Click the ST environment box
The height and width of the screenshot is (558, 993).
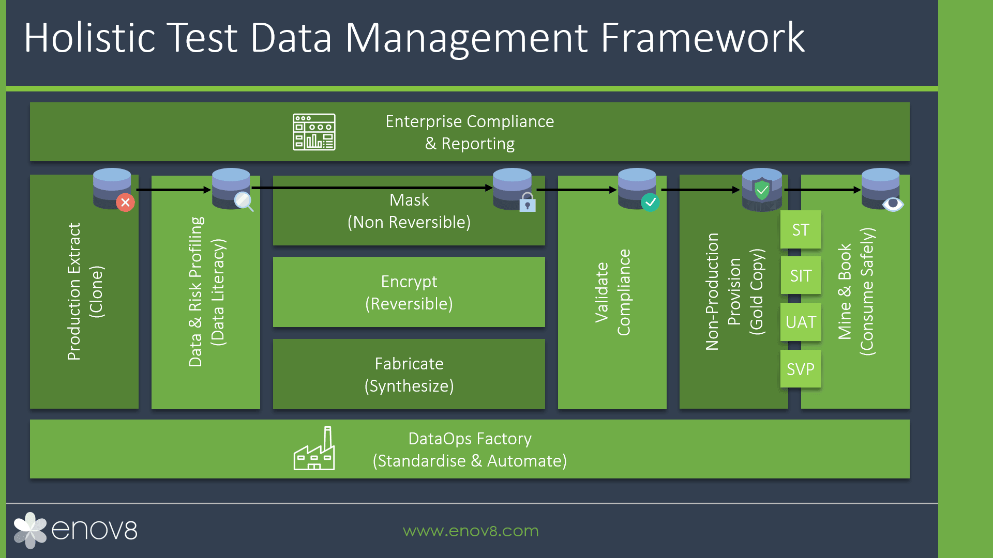(x=801, y=229)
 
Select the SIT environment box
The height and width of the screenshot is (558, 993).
(x=801, y=275)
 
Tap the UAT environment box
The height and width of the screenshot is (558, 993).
(x=801, y=322)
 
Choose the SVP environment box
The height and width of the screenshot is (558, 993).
(x=801, y=369)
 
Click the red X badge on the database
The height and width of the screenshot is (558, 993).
(x=125, y=203)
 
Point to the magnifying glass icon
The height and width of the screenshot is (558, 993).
(x=244, y=201)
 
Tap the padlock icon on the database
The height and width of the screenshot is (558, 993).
(x=528, y=202)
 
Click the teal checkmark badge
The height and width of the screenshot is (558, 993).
(x=650, y=202)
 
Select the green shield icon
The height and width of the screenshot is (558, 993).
(x=762, y=190)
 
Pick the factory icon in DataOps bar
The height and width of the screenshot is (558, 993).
(x=314, y=448)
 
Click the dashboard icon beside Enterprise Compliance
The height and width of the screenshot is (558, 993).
(x=314, y=132)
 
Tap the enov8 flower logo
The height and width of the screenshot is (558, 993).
(x=30, y=530)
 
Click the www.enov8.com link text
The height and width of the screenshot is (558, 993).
(x=471, y=531)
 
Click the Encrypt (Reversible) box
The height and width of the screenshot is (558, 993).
(x=409, y=292)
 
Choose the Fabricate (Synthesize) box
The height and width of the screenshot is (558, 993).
(x=409, y=374)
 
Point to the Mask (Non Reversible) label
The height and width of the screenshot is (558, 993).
(x=409, y=211)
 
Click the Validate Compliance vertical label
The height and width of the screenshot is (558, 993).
(x=612, y=292)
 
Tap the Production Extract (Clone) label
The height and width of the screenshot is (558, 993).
(x=85, y=291)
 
